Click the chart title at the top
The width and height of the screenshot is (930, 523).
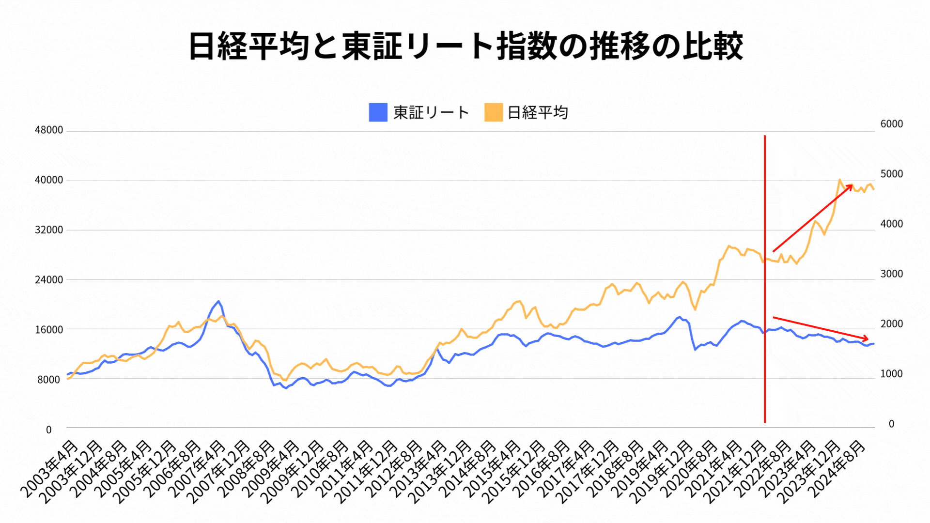pos(465,46)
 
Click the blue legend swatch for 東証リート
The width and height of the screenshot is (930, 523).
pos(378,112)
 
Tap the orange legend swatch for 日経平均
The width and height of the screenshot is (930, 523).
pos(493,112)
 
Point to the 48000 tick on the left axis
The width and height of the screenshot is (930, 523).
pos(49,130)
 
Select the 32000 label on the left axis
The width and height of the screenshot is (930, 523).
pos(49,230)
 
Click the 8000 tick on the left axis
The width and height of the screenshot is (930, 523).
pos(49,380)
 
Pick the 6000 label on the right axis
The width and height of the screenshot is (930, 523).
pos(891,124)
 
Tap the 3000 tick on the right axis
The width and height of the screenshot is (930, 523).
pos(891,274)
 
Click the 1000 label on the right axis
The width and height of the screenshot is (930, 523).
pos(891,374)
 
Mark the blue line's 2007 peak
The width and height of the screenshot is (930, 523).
pos(218,301)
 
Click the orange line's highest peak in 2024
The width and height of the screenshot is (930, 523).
pos(839,180)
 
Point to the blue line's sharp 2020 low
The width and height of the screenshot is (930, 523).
pos(695,349)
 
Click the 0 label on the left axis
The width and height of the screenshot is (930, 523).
pos(49,430)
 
